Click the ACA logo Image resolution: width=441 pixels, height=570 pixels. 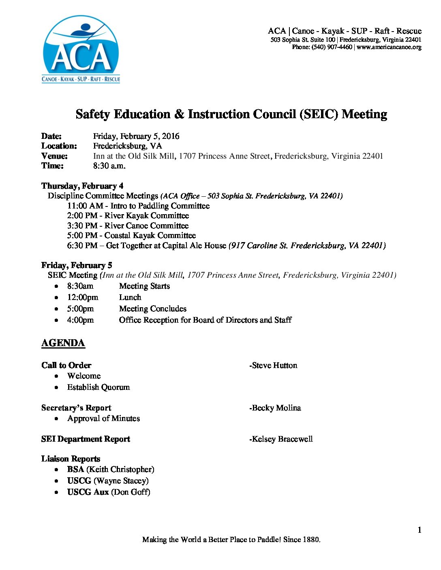81,49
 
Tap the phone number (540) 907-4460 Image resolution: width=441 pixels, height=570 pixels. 332,47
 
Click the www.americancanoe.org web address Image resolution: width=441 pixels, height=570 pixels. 389,47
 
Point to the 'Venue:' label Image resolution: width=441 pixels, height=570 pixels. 54,156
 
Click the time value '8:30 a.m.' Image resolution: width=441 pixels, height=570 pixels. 109,166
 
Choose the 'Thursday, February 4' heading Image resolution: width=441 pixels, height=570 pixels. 82,186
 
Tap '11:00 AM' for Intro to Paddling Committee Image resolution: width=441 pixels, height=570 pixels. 85,206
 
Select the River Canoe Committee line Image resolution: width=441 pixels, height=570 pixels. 128,226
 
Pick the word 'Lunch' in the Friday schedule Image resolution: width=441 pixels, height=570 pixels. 130,298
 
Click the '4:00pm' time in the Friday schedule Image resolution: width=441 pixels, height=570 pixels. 80,320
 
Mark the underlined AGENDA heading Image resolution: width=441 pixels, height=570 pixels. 63,343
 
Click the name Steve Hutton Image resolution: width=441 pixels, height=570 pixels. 274,366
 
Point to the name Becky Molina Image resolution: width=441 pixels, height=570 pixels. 276,408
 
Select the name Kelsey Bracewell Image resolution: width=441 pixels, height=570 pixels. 282,439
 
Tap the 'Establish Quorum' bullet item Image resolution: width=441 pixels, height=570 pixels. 98,387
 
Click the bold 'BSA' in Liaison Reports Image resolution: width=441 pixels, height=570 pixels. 75,470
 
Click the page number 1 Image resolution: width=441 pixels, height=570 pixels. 420,530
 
